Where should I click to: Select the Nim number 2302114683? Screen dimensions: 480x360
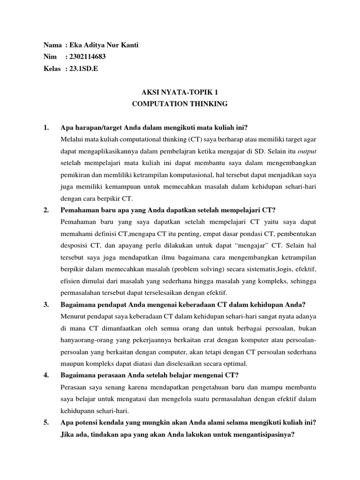tap(86, 56)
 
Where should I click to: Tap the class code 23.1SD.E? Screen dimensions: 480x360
tap(83, 68)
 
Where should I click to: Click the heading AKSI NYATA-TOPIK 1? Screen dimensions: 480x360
tap(180, 92)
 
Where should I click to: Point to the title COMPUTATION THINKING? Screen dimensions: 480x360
tap(180, 104)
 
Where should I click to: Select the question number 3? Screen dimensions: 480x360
tap(45, 305)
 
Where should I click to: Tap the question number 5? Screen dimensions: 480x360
tap(45, 422)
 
